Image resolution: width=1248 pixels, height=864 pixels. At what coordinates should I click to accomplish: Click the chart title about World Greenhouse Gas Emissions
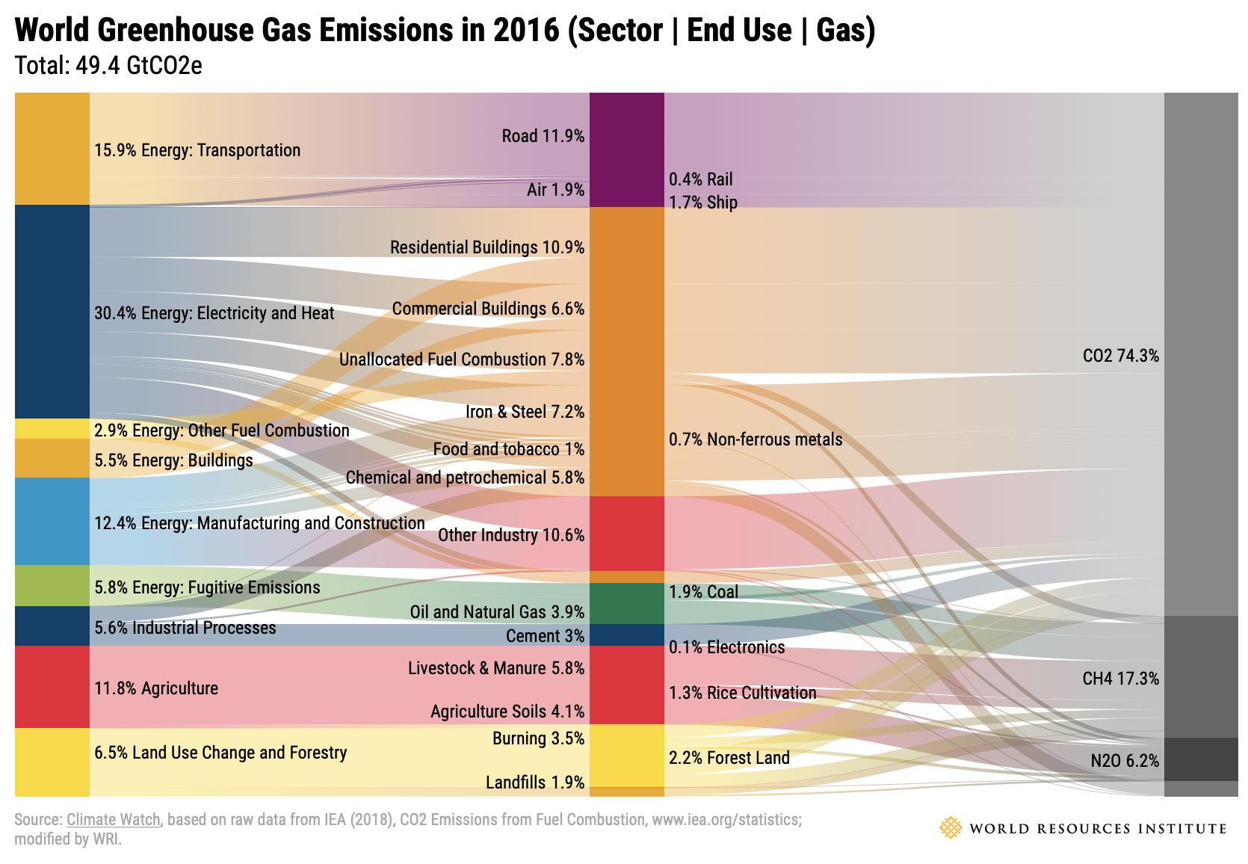pyautogui.click(x=445, y=31)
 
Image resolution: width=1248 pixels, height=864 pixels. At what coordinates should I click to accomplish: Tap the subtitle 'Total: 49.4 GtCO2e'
pyautogui.click(x=108, y=66)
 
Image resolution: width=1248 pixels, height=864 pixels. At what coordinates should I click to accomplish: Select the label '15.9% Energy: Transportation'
pyautogui.click(x=197, y=150)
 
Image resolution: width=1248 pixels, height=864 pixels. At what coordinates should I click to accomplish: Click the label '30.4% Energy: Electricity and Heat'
pyautogui.click(x=214, y=313)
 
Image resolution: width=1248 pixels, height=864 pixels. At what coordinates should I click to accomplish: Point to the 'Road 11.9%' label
pyautogui.click(x=543, y=136)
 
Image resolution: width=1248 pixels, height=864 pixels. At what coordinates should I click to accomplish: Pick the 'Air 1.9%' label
pyautogui.click(x=555, y=190)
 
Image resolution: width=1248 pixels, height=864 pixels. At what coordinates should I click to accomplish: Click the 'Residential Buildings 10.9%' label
pyautogui.click(x=486, y=247)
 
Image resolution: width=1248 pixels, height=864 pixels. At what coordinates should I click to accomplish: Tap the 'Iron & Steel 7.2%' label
pyautogui.click(x=525, y=412)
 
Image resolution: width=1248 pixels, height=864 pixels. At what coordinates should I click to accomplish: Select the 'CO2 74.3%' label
pyautogui.click(x=1120, y=356)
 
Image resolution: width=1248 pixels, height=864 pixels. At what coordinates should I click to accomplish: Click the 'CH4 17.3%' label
pyautogui.click(x=1120, y=679)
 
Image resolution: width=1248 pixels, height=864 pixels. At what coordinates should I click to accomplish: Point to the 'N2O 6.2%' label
pyautogui.click(x=1124, y=761)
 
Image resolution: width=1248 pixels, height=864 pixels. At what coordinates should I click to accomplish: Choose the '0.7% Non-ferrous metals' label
pyautogui.click(x=756, y=439)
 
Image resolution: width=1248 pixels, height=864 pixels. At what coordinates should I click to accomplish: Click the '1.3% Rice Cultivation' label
pyautogui.click(x=742, y=693)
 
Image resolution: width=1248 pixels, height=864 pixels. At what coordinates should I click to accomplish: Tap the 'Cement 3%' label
pyautogui.click(x=545, y=636)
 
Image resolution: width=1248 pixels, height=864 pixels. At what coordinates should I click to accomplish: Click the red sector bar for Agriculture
pyautogui.click(x=52, y=686)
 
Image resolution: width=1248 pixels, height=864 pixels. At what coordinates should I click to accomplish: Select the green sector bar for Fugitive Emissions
pyautogui.click(x=52, y=585)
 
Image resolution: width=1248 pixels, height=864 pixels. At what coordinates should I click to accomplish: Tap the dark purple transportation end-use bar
pyautogui.click(x=626, y=149)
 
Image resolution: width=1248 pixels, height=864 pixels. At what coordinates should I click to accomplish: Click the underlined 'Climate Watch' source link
pyautogui.click(x=113, y=819)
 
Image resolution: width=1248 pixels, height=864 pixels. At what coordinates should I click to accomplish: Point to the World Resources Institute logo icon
pyautogui.click(x=950, y=828)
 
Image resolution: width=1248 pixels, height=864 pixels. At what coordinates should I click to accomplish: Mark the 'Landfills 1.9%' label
pyautogui.click(x=534, y=783)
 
